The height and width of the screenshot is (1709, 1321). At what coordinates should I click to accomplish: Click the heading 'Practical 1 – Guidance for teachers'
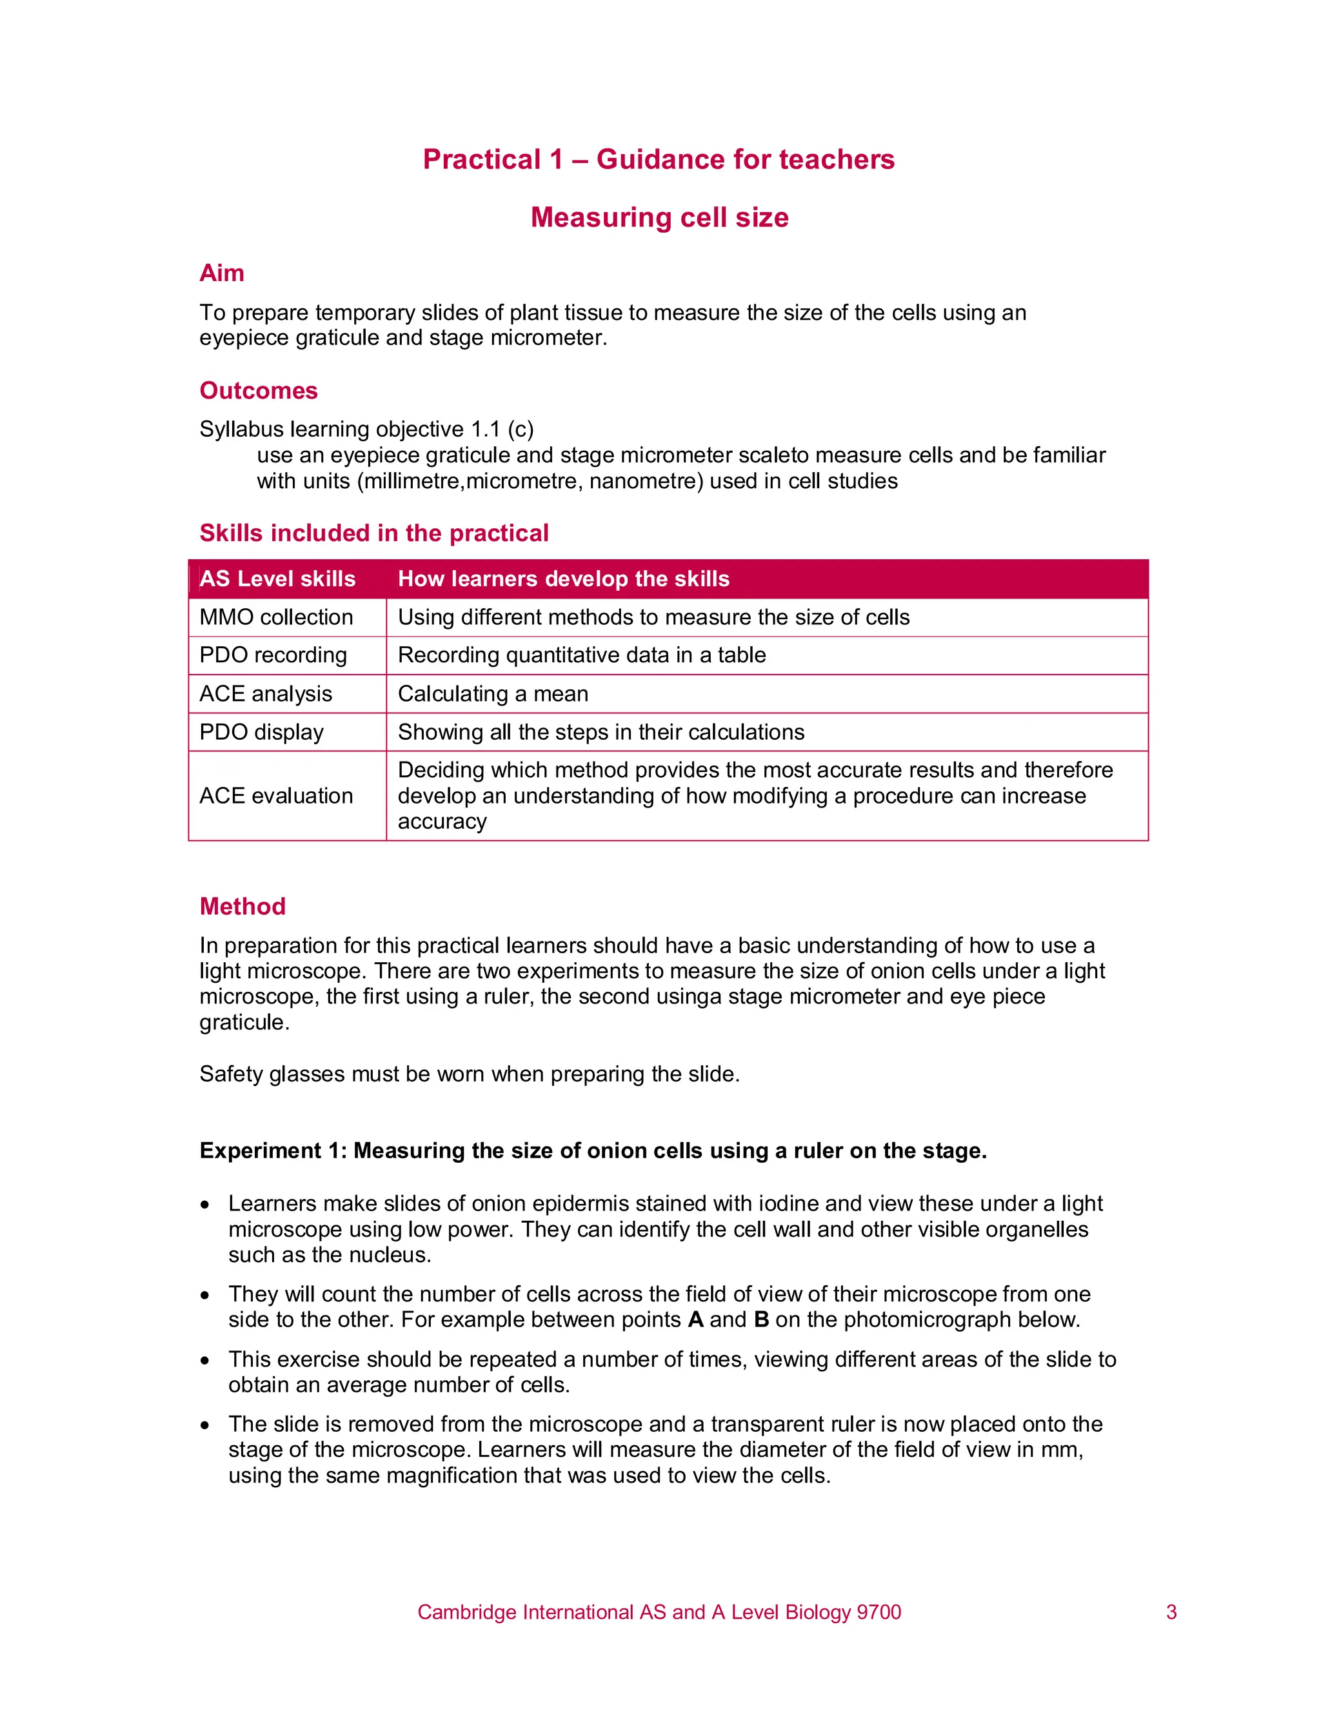point(658,160)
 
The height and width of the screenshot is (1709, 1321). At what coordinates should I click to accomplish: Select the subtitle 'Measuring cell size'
point(659,217)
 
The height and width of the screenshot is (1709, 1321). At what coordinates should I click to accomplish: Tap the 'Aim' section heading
point(221,273)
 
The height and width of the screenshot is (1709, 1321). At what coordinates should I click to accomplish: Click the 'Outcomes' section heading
point(258,390)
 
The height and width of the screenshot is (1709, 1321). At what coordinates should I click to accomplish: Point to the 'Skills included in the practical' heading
point(374,533)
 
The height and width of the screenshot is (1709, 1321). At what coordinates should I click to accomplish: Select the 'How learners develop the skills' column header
point(564,579)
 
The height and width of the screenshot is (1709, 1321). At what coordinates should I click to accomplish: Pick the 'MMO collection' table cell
point(276,617)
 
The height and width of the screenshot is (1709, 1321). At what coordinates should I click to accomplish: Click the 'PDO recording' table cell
point(273,655)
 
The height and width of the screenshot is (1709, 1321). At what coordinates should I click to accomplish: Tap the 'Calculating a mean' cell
point(493,694)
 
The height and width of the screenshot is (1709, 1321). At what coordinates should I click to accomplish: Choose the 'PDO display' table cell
point(261,733)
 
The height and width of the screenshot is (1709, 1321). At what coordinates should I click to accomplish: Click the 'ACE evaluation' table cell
point(276,796)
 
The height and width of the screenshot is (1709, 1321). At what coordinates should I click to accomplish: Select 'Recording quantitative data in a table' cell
point(581,655)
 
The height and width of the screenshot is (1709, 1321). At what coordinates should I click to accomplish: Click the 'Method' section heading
point(243,906)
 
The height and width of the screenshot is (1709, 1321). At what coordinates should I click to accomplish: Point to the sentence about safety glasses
point(470,1074)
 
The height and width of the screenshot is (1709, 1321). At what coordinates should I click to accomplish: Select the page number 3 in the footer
point(1171,1612)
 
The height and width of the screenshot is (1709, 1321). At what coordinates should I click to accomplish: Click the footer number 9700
point(879,1612)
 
